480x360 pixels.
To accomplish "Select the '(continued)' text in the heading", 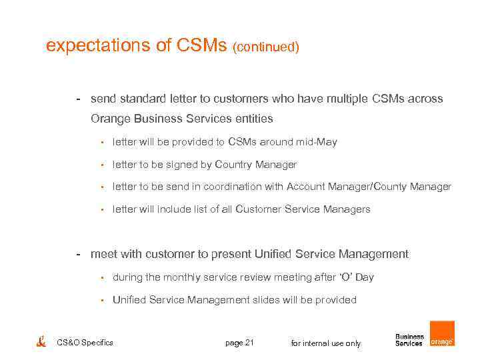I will [x=265, y=47].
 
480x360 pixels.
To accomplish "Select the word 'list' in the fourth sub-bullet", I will [x=202, y=209].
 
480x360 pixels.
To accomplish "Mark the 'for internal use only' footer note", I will [x=326, y=343].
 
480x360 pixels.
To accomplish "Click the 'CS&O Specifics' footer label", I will [x=85, y=343].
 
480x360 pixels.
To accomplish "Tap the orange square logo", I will [x=441, y=333].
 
